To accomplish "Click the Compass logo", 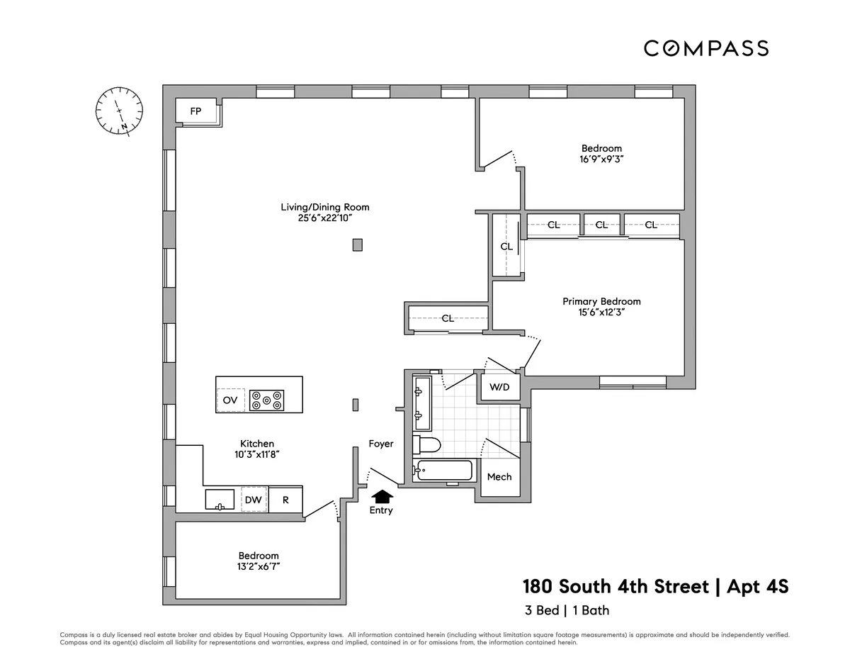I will coord(705,48).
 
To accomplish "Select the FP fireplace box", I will coord(195,112).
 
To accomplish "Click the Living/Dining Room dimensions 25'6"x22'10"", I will coord(325,218).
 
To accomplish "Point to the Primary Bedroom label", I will coord(601,301).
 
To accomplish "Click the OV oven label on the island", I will coord(230,400).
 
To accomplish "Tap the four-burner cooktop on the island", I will coord(267,400).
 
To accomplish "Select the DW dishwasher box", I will coord(254,500).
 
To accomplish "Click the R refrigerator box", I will coord(285,500).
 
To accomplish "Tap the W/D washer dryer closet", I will coord(500,388).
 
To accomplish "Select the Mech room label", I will coord(499,476).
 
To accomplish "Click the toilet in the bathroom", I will coord(428,444).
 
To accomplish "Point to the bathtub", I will coord(444,471).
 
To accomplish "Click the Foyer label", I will coord(380,444).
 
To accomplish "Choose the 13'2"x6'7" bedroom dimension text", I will coord(259,567).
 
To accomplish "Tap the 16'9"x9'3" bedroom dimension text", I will coord(601,159).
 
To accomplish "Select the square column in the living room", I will coord(358,245).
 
